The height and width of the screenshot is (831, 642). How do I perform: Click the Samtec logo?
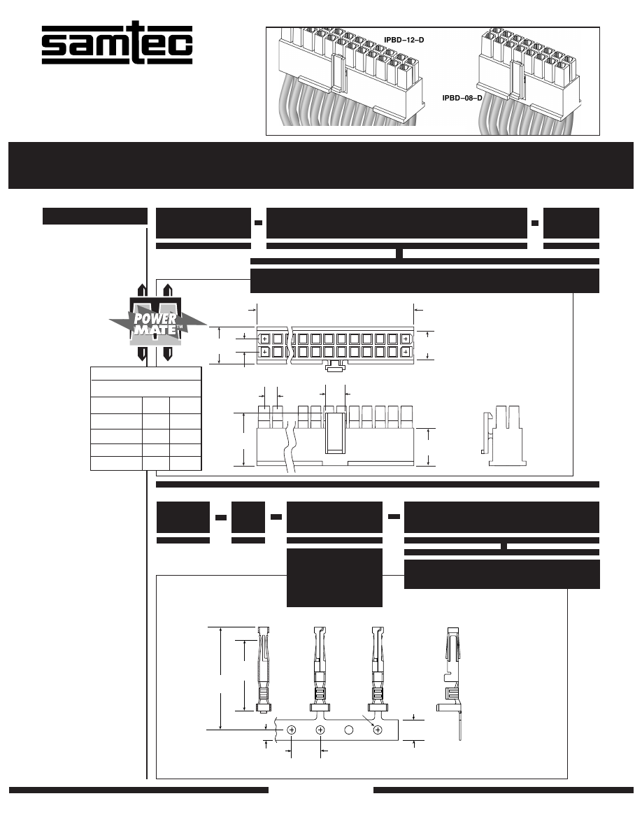click(117, 46)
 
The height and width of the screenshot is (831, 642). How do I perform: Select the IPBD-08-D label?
click(462, 98)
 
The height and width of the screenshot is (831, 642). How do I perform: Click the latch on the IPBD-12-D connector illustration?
click(338, 73)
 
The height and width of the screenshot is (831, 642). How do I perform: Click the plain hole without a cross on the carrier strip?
click(349, 730)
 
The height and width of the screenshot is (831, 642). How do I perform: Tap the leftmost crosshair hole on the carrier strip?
click(292, 730)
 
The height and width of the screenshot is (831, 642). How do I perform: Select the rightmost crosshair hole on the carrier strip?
click(378, 730)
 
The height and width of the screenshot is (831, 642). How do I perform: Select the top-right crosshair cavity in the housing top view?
click(405, 339)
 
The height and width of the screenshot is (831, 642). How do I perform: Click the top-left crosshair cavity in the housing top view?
click(264, 339)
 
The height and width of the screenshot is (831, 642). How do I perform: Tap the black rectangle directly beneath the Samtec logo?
click(95, 215)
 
